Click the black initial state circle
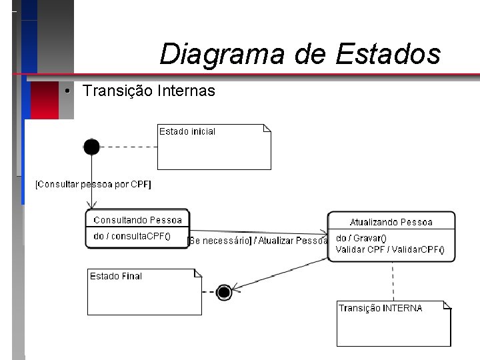click(91, 147)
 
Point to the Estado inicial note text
click(187, 132)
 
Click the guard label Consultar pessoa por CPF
click(93, 184)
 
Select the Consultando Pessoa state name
click(137, 220)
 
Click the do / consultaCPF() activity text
click(132, 236)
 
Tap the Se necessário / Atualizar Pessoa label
click(258, 241)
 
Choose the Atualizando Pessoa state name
click(391, 222)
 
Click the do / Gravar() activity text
click(361, 239)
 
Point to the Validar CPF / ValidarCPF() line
click(390, 250)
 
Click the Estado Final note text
click(116, 276)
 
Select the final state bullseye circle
click(224, 292)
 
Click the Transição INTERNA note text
click(381, 308)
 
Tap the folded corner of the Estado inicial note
click(267, 128)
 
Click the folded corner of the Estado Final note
click(198, 273)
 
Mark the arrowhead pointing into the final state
click(236, 287)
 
